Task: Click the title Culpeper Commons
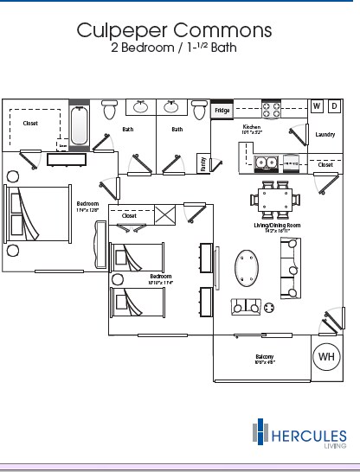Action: click(174, 31)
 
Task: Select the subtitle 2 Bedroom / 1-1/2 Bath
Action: click(174, 49)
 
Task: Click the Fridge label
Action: click(222, 111)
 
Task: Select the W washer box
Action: click(317, 105)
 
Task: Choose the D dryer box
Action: click(334, 105)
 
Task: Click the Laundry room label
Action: click(325, 134)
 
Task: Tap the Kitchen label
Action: click(252, 128)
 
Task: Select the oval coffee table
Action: click(248, 269)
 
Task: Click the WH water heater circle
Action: click(327, 355)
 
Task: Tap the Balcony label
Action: click(265, 357)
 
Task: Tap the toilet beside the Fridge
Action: click(200, 111)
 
